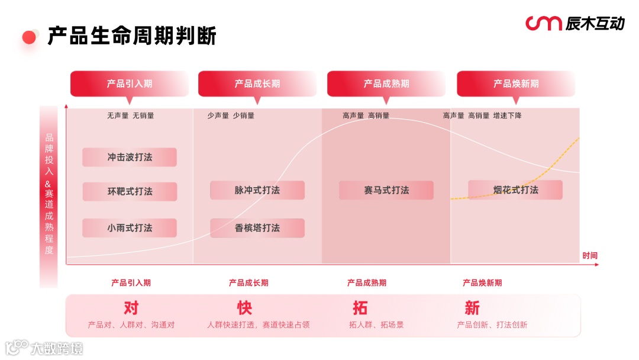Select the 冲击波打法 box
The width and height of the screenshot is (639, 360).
(130, 157)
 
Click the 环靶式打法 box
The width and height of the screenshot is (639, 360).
(130, 191)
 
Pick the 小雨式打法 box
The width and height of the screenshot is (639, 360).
(130, 228)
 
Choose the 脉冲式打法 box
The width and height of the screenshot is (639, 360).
(257, 190)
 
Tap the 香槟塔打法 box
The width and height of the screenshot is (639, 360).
(257, 228)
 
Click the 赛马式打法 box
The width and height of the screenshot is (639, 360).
(386, 190)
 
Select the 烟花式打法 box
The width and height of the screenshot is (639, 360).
(515, 190)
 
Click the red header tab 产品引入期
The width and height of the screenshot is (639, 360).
(130, 83)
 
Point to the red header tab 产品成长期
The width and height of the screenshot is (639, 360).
(257, 83)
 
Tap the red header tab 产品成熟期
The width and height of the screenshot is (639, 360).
(386, 83)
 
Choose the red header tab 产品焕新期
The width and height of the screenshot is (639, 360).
(516, 83)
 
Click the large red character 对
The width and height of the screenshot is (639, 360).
(131, 308)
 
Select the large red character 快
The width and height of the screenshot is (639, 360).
(244, 308)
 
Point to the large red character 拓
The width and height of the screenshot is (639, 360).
(360, 308)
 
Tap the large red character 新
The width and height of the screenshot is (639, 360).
(472, 308)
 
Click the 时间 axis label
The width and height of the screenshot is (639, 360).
(590, 256)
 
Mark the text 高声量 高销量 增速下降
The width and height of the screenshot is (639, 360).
(482, 115)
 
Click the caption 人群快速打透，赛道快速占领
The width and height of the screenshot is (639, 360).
(258, 325)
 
